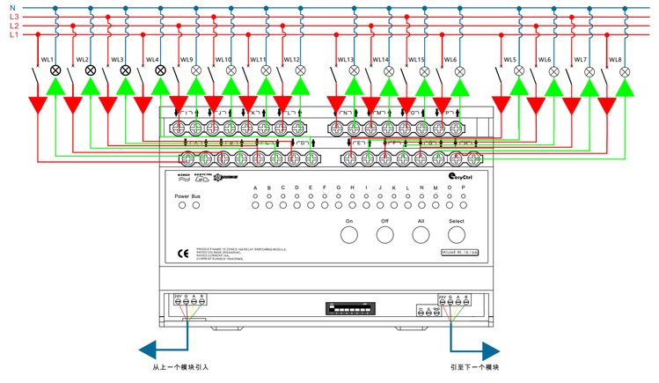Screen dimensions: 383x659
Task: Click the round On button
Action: coord(349,234)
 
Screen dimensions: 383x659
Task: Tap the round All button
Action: coord(421,234)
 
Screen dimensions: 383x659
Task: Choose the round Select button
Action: coord(457,234)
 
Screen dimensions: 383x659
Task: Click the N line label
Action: coord(12,8)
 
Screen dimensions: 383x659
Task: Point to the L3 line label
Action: coord(13,17)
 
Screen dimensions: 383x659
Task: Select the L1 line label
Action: coord(13,35)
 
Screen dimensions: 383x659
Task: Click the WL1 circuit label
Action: coord(48,60)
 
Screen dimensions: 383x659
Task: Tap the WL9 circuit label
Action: coord(187,60)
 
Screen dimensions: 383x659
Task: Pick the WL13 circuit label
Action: coord(345,60)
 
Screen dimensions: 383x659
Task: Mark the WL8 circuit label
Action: coord(615,60)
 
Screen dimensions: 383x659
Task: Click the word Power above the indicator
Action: coord(182,195)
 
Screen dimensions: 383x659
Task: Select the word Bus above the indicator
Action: coord(196,195)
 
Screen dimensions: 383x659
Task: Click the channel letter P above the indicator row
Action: coord(450,188)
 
